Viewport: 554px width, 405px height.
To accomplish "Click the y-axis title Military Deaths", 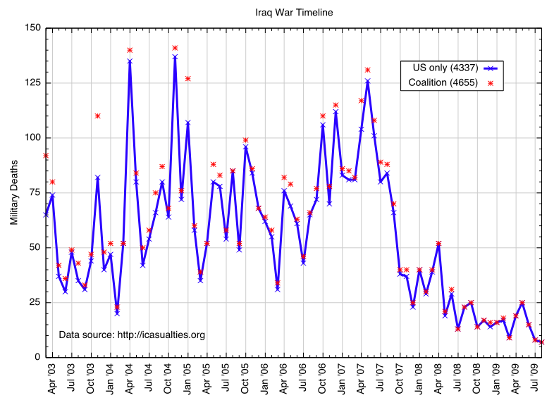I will tap(13, 192).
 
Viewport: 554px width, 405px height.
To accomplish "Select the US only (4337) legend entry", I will tap(441, 68).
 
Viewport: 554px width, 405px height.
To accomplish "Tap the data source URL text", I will tap(132, 335).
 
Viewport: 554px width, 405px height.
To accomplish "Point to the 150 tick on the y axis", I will tap(32, 29).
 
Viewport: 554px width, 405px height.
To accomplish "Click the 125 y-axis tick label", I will tap(32, 83).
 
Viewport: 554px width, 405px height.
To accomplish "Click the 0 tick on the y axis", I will tap(37, 357).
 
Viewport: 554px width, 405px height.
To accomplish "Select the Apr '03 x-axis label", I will tap(52, 378).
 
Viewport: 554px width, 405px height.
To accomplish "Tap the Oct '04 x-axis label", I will tap(168, 378).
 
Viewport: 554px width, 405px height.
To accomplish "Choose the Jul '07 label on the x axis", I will tap(381, 378).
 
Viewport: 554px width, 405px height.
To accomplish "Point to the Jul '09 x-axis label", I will tap(535, 378).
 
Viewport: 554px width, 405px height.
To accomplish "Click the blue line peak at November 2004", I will tap(175, 56).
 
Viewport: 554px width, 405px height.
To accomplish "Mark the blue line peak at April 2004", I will tap(130, 61).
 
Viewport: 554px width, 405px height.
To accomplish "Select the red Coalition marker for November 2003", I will tap(97, 116).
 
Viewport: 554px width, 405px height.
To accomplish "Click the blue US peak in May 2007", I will tap(368, 81).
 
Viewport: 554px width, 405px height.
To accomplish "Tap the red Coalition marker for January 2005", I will tap(187, 78).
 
